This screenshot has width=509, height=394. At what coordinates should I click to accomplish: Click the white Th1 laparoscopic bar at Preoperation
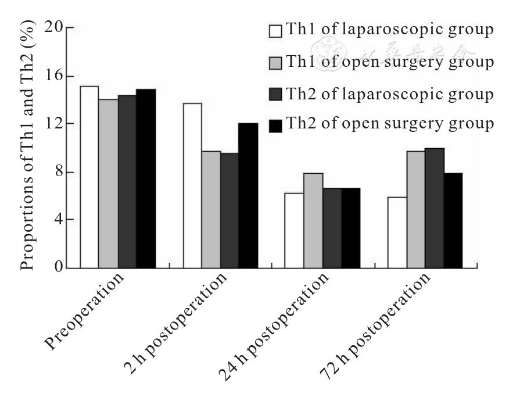pyautogui.click(x=89, y=177)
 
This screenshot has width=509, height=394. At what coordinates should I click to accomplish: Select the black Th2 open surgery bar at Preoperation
pyautogui.click(x=146, y=178)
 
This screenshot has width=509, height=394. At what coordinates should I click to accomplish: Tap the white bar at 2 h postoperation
pyautogui.click(x=192, y=185)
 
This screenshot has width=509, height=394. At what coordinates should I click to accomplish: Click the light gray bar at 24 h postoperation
pyautogui.click(x=313, y=220)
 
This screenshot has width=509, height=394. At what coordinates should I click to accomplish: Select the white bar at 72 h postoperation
pyautogui.click(x=397, y=232)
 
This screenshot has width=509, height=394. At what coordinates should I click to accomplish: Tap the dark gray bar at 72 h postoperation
pyautogui.click(x=434, y=208)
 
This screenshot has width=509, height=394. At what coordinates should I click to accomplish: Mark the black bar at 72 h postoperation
pyautogui.click(x=453, y=220)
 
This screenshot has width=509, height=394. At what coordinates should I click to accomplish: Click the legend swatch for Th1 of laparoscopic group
pyautogui.click(x=275, y=30)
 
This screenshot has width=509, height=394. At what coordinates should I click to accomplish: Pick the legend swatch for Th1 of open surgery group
pyautogui.click(x=275, y=62)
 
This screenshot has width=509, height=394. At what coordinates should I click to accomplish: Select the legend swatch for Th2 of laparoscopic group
pyautogui.click(x=275, y=94)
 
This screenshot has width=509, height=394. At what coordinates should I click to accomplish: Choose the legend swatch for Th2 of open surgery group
pyautogui.click(x=275, y=125)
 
